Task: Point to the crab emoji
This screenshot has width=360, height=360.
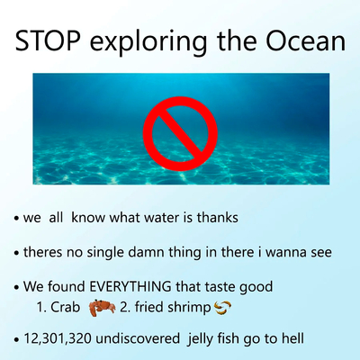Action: (102, 309)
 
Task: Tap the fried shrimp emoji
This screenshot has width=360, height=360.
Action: (224, 309)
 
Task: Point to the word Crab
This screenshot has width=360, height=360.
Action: (66, 309)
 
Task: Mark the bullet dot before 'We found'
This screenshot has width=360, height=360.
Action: (17, 287)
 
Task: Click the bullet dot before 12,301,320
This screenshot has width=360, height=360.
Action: (17, 340)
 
